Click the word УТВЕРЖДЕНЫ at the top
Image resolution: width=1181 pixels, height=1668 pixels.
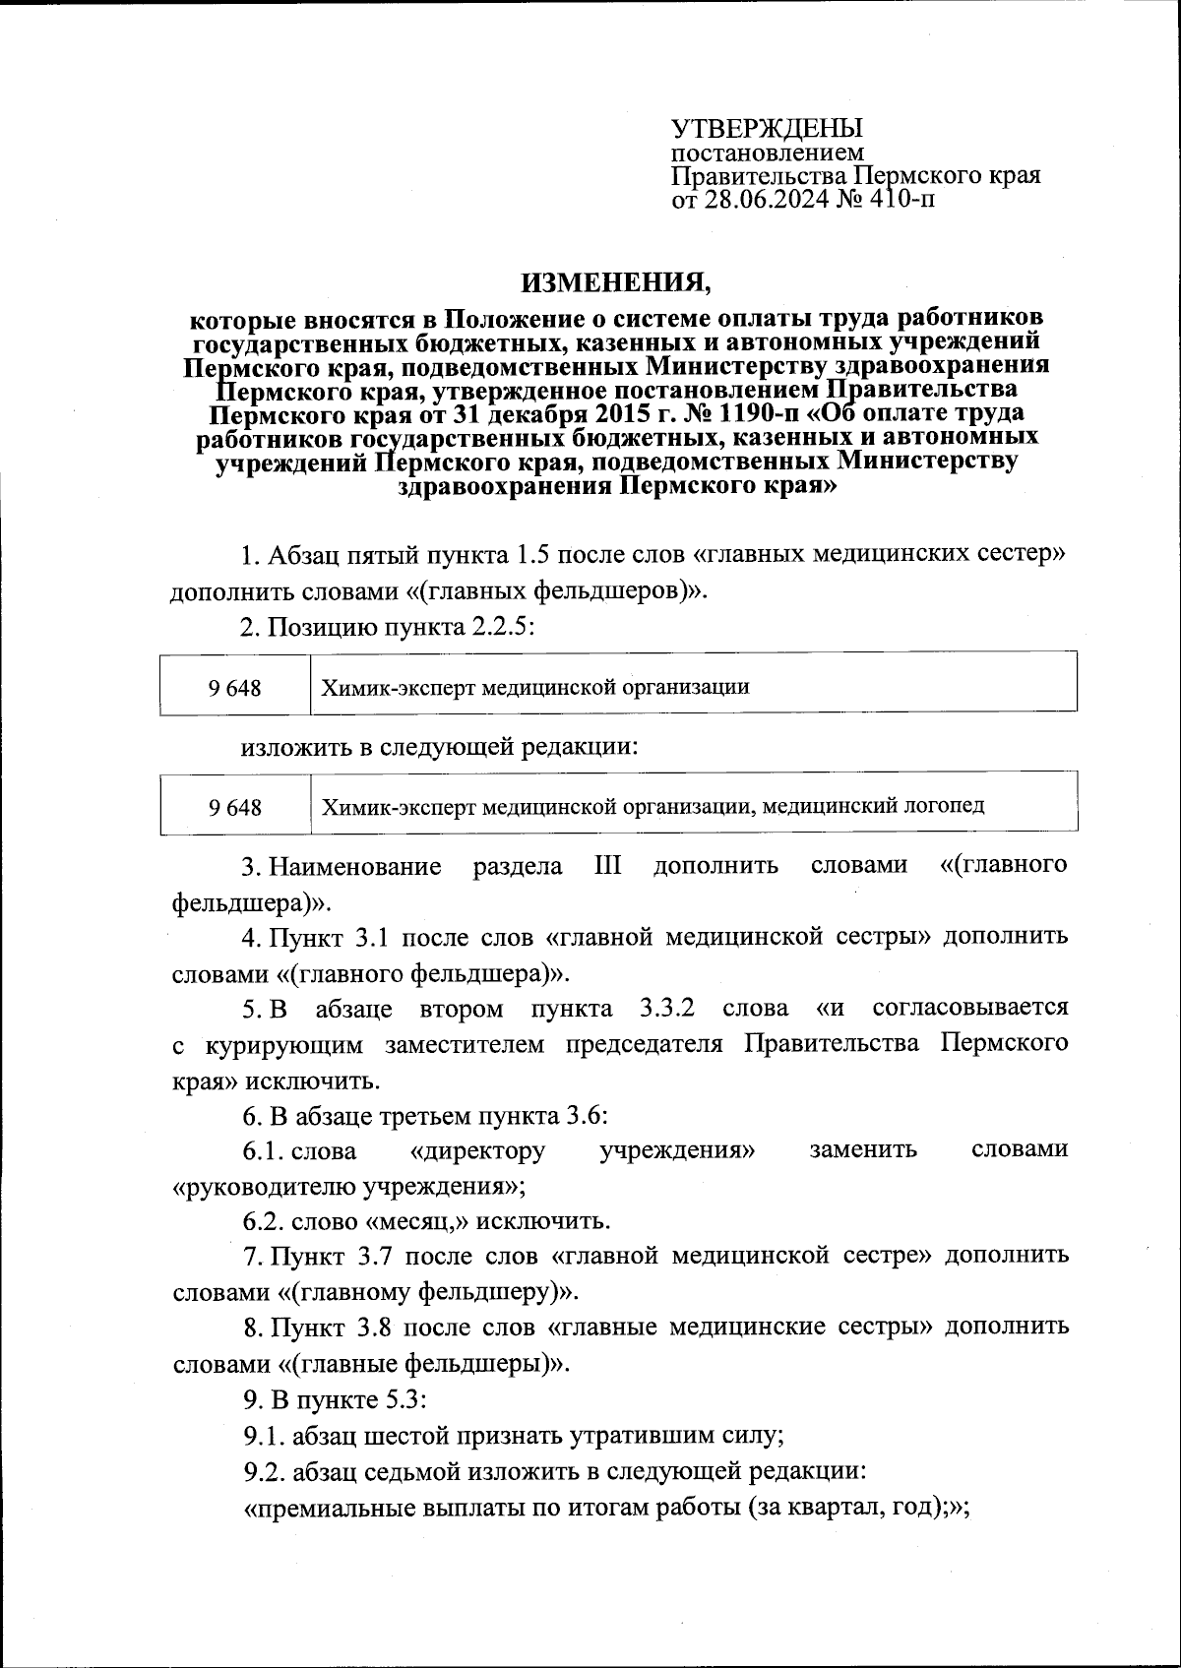pyautogui.click(x=767, y=129)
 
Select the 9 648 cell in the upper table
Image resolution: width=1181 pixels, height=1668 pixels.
pyautogui.click(x=235, y=688)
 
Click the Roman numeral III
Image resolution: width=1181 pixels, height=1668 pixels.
pyautogui.click(x=607, y=866)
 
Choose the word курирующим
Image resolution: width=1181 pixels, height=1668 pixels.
pyautogui.click(x=284, y=1044)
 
